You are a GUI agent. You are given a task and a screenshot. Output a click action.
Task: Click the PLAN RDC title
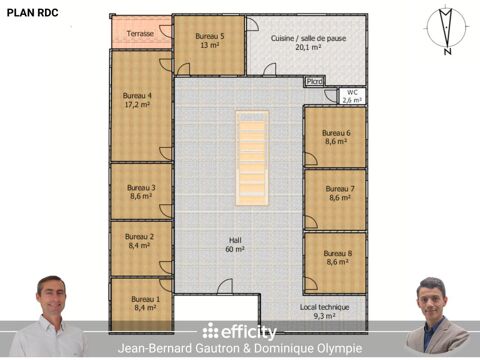pos(33,13)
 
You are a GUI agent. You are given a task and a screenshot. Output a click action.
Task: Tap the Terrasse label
pos(140,34)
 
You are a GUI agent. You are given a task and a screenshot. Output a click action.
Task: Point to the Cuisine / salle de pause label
pos(308,38)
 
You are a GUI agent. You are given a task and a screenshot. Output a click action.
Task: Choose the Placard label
pos(315,81)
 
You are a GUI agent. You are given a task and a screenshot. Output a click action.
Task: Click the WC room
pos(352,96)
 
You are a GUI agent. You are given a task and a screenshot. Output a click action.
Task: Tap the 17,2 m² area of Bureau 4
pos(137,105)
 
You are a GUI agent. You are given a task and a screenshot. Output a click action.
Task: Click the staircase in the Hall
pos(252,158)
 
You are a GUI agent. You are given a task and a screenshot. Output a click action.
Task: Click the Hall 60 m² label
pos(235,245)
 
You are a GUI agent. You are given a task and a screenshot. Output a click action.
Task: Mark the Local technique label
pos(324,307)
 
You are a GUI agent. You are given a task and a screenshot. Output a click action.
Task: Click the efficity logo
pos(239,331)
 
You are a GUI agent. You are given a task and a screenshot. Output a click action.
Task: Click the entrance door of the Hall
pos(225,287)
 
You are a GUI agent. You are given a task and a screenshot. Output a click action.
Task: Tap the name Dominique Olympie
pos(308,349)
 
